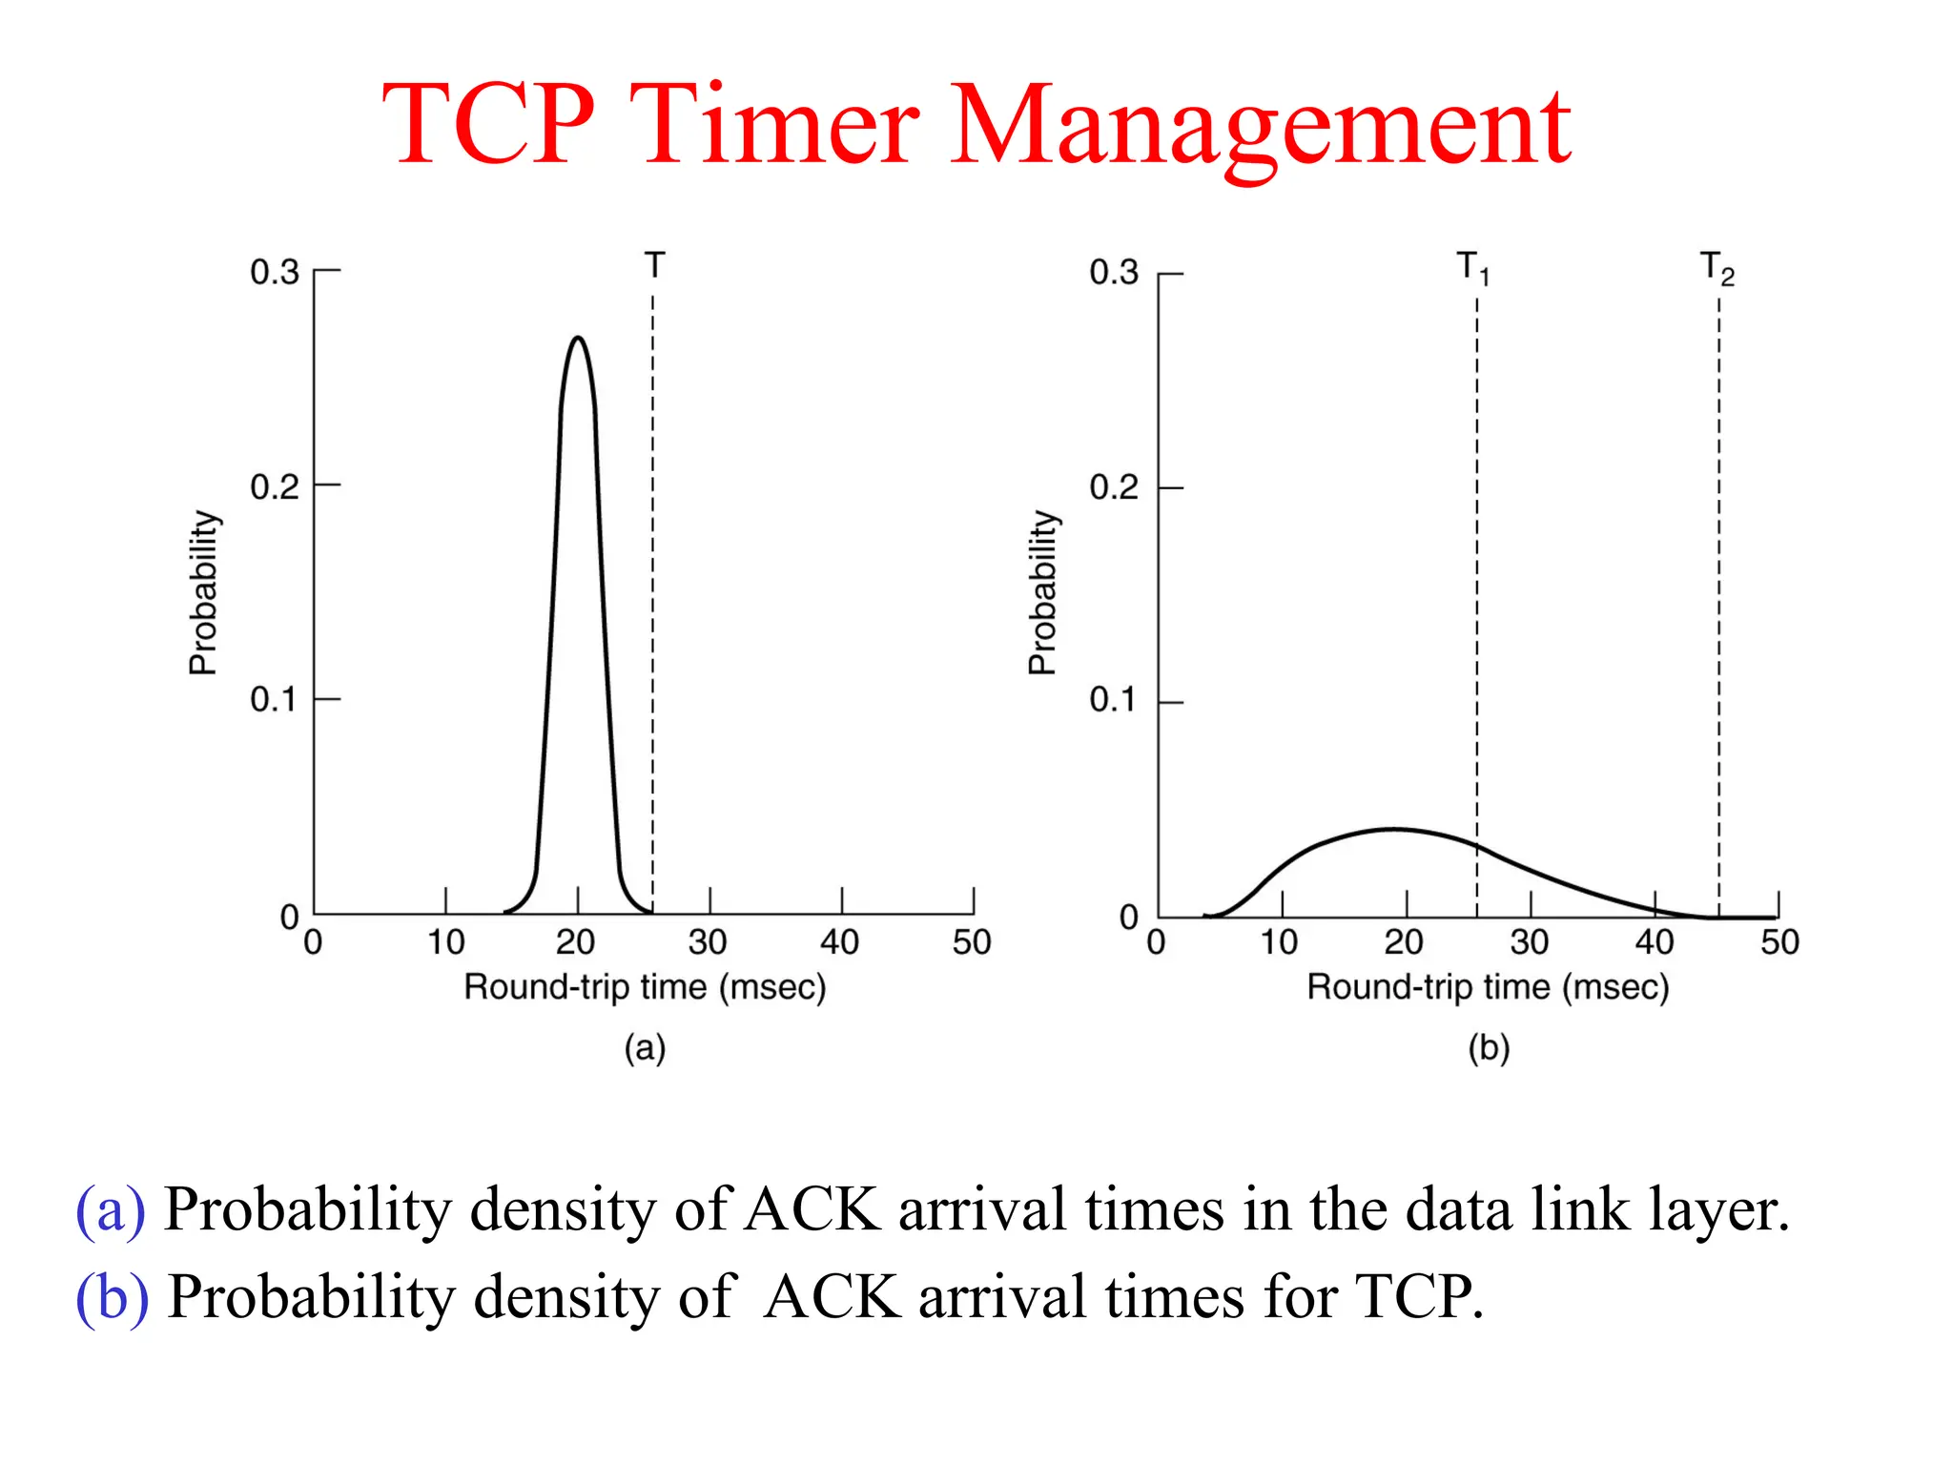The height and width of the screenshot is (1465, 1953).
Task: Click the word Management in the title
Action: tap(1261, 129)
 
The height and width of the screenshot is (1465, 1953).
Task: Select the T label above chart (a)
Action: tap(654, 265)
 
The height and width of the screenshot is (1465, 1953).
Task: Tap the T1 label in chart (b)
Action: tap(1473, 268)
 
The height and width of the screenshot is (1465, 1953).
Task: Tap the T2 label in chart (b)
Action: tap(1717, 268)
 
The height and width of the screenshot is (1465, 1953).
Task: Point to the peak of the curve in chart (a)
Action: tap(578, 338)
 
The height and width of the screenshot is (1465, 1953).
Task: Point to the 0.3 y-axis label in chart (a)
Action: tap(275, 273)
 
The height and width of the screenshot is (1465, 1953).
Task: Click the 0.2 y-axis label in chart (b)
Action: tap(1114, 487)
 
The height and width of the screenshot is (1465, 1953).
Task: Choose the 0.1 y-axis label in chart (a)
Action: tap(275, 700)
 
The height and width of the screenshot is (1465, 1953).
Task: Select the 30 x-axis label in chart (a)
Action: tap(708, 942)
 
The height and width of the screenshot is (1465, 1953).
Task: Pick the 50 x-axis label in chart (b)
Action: tap(1779, 942)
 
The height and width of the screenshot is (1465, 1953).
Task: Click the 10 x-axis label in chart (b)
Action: tap(1279, 942)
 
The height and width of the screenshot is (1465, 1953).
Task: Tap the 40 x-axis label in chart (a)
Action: tap(839, 942)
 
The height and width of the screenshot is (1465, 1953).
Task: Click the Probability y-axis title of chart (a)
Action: tap(203, 592)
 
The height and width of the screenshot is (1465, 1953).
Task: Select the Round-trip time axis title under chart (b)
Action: tap(1488, 987)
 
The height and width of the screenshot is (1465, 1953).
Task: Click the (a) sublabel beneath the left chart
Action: tap(645, 1047)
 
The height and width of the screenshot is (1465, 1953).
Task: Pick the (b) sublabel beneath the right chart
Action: tap(1489, 1047)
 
